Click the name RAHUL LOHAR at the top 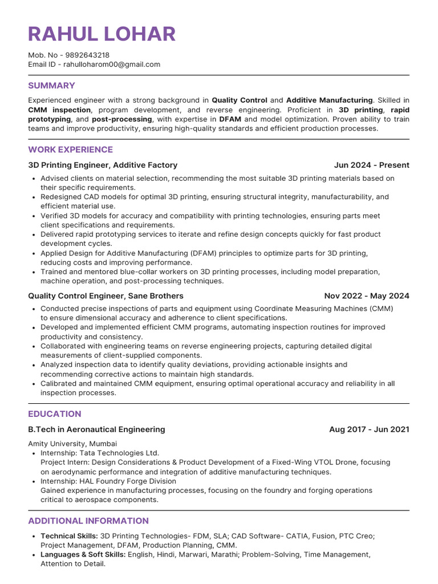click(x=102, y=34)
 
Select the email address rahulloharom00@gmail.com click(x=112, y=64)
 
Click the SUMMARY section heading click(x=51, y=86)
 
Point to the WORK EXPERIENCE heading click(x=70, y=149)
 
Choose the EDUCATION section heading click(x=55, y=413)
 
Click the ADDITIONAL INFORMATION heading click(x=88, y=521)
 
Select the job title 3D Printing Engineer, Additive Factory click(x=103, y=165)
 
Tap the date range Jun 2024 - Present click(x=371, y=165)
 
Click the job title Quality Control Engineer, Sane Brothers click(x=106, y=296)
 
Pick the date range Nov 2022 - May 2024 click(x=366, y=296)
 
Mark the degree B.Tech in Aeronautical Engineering click(x=96, y=429)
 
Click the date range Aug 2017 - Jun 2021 click(x=369, y=429)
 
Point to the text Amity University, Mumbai click(x=72, y=444)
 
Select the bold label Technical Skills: click(x=69, y=536)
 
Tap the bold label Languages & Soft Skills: click(x=83, y=554)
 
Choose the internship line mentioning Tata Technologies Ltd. click(x=100, y=453)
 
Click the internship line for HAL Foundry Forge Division click(x=108, y=481)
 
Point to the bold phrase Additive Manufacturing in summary click(x=329, y=100)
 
